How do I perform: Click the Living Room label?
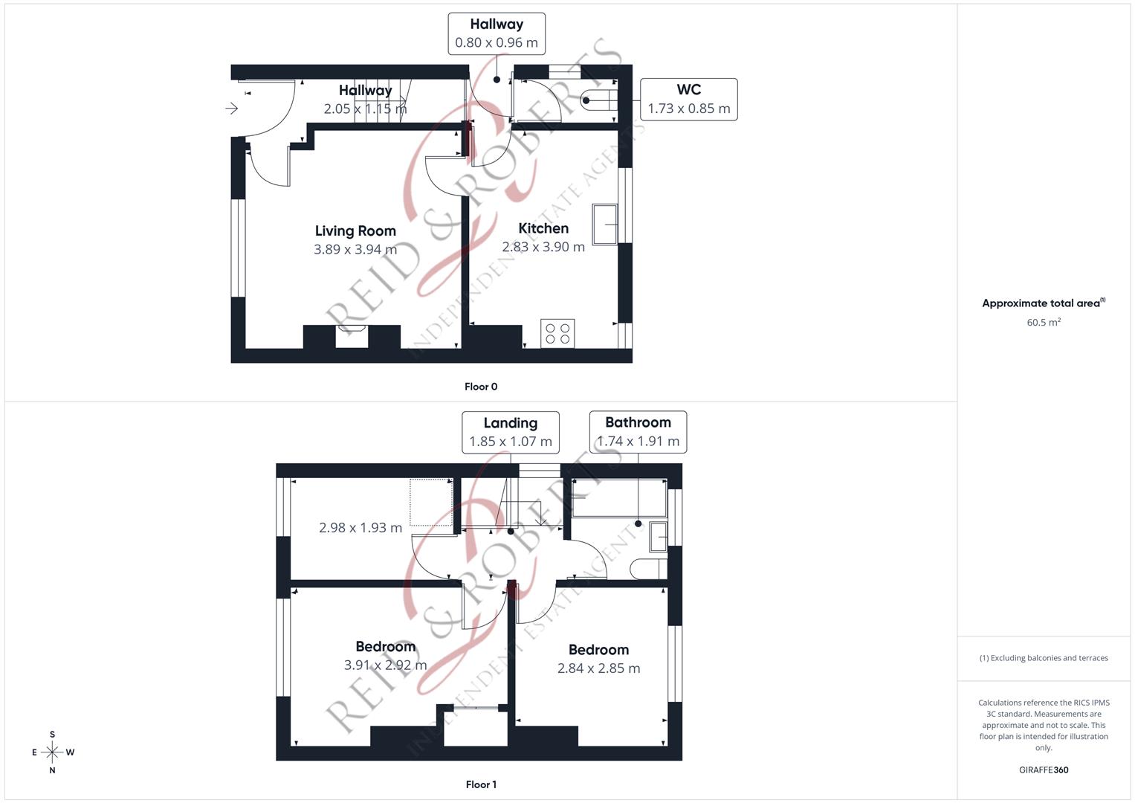pyautogui.click(x=355, y=231)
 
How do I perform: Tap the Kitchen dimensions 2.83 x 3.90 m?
pyautogui.click(x=543, y=247)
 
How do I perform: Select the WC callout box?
pyautogui.click(x=688, y=100)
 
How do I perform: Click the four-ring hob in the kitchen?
pyautogui.click(x=557, y=334)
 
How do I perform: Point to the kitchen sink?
pyautogui.click(x=605, y=225)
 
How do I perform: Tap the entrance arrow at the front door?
pyautogui.click(x=232, y=108)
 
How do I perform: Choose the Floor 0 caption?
pyautogui.click(x=481, y=387)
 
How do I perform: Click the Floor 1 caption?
pyautogui.click(x=481, y=784)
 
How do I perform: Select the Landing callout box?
pyautogui.click(x=511, y=433)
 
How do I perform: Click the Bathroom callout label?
pyautogui.click(x=638, y=422)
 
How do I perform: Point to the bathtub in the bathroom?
pyautogui.click(x=619, y=498)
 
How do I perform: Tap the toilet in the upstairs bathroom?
pyautogui.click(x=649, y=570)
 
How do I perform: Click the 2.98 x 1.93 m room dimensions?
pyautogui.click(x=360, y=528)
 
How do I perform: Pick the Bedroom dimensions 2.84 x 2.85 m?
pyautogui.click(x=599, y=668)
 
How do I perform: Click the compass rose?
pyautogui.click(x=52, y=752)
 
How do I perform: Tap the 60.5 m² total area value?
pyautogui.click(x=1044, y=323)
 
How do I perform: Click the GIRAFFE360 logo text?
pyautogui.click(x=1044, y=770)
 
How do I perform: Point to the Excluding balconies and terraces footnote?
pyautogui.click(x=1044, y=658)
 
